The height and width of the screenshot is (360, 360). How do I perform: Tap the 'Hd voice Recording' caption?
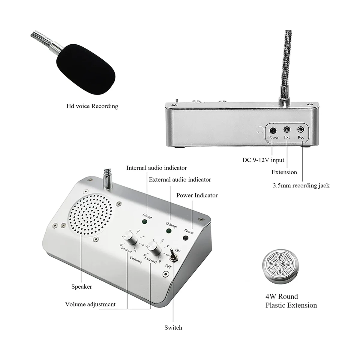point(92,106)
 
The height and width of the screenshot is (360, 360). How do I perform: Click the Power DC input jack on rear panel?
point(273,130)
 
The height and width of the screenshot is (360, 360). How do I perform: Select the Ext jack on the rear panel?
point(287,130)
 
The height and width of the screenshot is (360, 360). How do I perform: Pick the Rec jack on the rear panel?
point(301,130)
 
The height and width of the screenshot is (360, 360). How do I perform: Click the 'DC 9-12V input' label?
point(263,160)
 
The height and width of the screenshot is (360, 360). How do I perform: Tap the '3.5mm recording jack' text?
point(301,185)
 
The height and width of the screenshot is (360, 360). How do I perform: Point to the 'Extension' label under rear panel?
point(284,172)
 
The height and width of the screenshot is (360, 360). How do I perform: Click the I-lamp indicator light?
point(145,222)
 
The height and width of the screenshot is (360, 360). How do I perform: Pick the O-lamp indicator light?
point(169,231)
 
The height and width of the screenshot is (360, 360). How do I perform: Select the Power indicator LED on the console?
point(186,238)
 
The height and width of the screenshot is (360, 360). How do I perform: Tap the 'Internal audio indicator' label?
point(157,168)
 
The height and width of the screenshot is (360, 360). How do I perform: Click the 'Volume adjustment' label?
point(90,304)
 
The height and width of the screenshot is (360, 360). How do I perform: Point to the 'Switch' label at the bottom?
point(173,328)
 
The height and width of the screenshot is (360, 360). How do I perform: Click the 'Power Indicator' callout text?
point(197,195)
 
